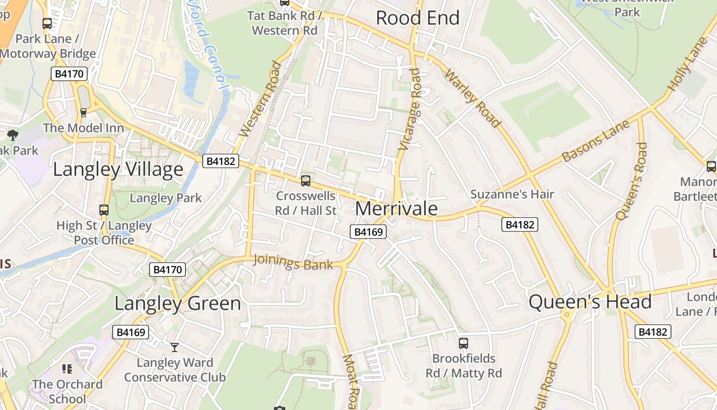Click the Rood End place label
pos(417,18)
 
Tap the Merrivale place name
pos(396,209)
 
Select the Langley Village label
pos(118,169)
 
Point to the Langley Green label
pos(177,303)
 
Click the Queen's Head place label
pos(590,302)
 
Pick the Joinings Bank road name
pos(293,262)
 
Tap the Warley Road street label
pos(472,98)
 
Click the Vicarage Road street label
pos(410,109)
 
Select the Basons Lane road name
pos(595,141)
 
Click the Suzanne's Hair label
pos(512,194)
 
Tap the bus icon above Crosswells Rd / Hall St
pos(306,180)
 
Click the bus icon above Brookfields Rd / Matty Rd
pos(463,343)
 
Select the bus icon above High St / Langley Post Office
pos(104,210)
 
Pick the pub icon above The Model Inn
pos(83,112)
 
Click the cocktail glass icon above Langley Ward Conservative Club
pos(175,347)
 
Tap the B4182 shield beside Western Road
pos(221,161)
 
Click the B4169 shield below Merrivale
pos(368,232)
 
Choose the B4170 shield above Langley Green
pos(167,270)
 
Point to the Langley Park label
pos(165,198)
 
